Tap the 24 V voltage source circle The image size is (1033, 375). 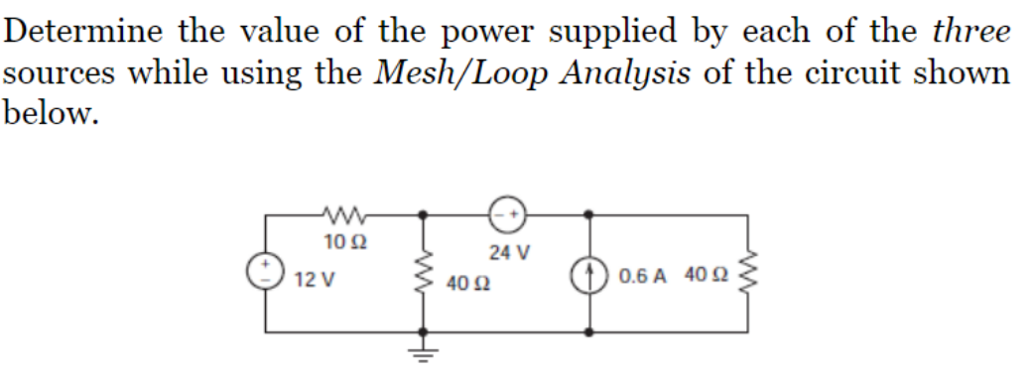(505, 213)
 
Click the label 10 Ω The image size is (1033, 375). (340, 239)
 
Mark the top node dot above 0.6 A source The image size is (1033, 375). (589, 213)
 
